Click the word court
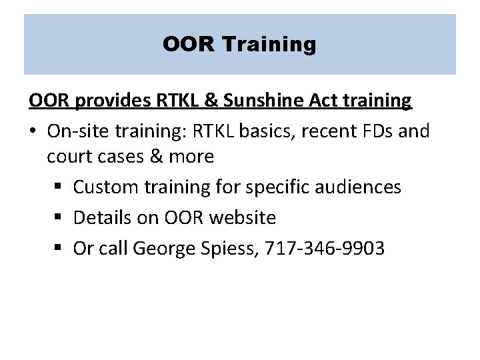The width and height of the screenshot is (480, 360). tap(69, 157)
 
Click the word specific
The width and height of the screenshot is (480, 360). tap(271, 187)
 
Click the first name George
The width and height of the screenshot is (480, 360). tap(163, 248)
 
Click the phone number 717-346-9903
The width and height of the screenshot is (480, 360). tap(325, 248)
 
